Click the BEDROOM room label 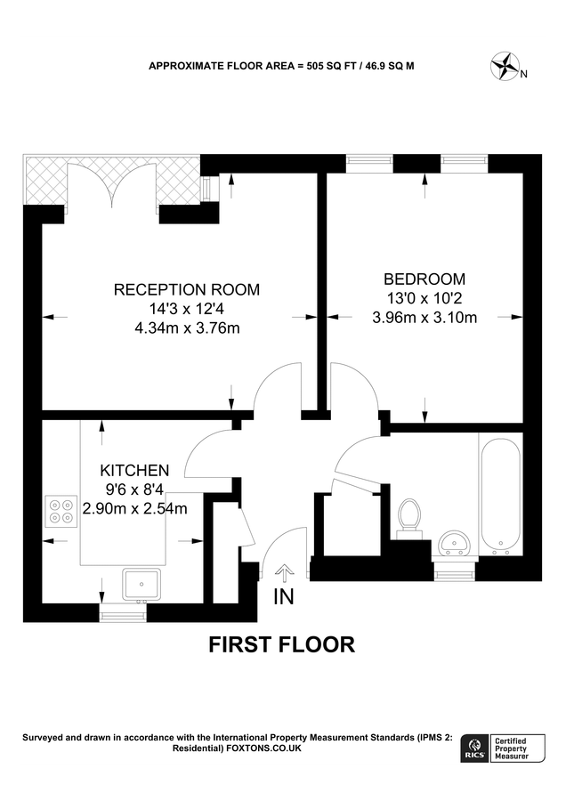(424, 279)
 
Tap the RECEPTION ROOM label (187, 289)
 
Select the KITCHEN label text (134, 470)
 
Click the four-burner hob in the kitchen (61, 512)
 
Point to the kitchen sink (141, 585)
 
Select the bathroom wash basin (454, 544)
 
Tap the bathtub (500, 493)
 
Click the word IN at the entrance (284, 596)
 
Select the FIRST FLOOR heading (281, 644)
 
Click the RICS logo (473, 748)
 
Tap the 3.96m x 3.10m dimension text (424, 318)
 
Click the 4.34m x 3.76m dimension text (187, 328)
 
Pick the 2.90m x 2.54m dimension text (135, 509)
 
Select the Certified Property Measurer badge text (511, 748)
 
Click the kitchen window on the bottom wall (123, 612)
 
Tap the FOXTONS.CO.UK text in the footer (263, 748)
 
